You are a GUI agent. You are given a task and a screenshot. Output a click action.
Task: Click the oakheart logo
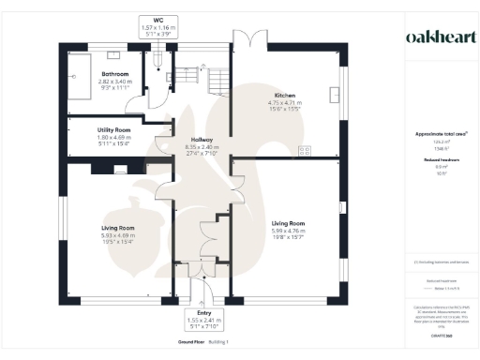pyautogui.click(x=433, y=37)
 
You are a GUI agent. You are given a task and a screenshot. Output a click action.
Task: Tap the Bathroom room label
pyautogui.click(x=115, y=73)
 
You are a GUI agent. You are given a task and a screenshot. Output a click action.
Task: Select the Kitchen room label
pyautogui.click(x=285, y=96)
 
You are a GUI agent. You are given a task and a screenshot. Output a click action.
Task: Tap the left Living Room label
pyautogui.click(x=118, y=228)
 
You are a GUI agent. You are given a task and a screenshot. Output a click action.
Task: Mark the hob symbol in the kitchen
pyautogui.click(x=304, y=150)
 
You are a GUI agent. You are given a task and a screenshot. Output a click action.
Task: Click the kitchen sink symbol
pyautogui.click(x=335, y=94)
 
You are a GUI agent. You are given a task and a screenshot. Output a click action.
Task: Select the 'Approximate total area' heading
pyautogui.click(x=433, y=134)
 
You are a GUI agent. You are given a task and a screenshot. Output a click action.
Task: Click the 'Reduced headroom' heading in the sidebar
pyautogui.click(x=433, y=160)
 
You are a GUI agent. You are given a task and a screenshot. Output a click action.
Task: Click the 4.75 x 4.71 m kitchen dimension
pyautogui.click(x=285, y=103)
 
